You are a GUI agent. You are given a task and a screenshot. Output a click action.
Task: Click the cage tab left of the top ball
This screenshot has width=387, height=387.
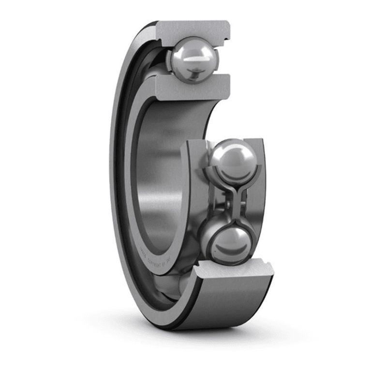[170, 60]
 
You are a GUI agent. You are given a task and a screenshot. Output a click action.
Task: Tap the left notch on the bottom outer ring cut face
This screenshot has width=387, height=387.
[202, 266]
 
